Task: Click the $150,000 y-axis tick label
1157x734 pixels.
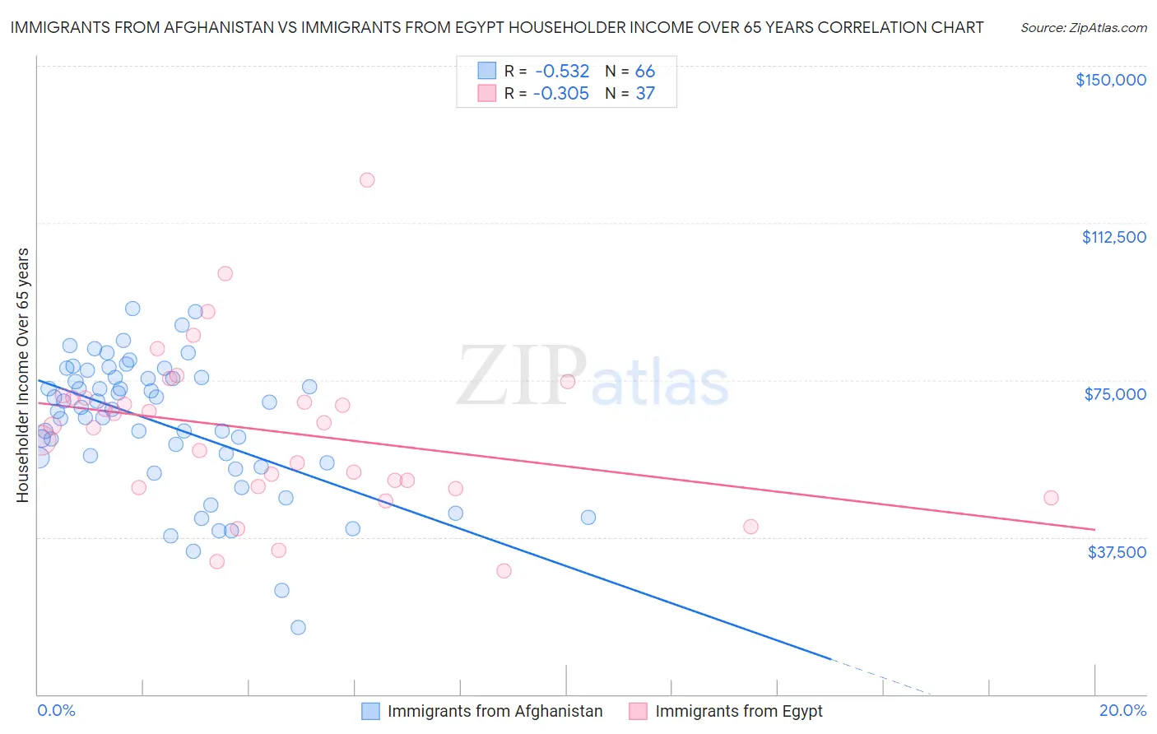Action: (x=1110, y=80)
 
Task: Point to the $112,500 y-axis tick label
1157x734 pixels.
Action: (x=1113, y=237)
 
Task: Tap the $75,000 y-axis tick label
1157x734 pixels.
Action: (x=1115, y=394)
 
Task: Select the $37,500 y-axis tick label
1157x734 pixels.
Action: (x=1116, y=552)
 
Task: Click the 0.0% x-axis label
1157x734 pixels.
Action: (x=56, y=710)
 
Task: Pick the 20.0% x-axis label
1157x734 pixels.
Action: (x=1122, y=710)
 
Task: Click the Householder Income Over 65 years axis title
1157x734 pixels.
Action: (x=22, y=374)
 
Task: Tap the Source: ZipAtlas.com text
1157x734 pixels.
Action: (x=1083, y=28)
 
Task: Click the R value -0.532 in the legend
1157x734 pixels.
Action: (x=561, y=72)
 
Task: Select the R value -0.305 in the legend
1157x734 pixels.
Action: (x=561, y=94)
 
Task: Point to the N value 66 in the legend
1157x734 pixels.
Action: (x=644, y=72)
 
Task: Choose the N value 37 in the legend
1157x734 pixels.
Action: (x=644, y=94)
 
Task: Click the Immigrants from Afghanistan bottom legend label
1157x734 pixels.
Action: (x=495, y=711)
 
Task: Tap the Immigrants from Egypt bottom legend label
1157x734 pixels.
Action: (x=738, y=711)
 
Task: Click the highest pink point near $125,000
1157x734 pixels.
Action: (x=367, y=180)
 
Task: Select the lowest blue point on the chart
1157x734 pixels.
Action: (x=298, y=627)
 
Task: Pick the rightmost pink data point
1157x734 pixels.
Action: (x=1051, y=498)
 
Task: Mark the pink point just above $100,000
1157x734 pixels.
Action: (x=225, y=274)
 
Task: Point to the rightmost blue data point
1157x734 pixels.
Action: (x=588, y=518)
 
